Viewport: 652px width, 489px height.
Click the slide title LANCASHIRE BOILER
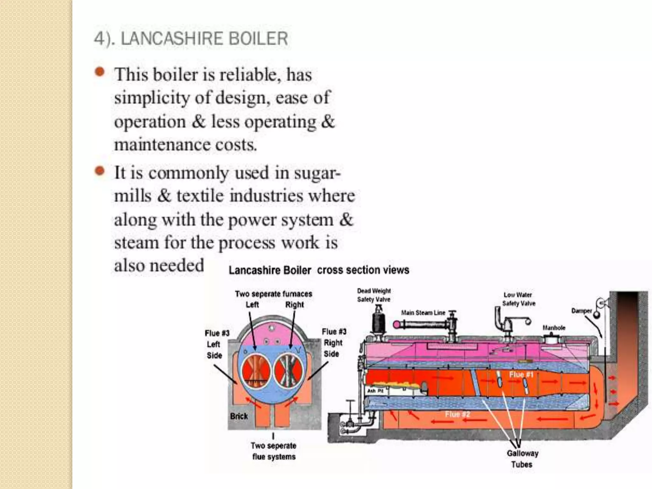(x=191, y=39)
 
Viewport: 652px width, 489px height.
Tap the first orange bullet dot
(x=100, y=72)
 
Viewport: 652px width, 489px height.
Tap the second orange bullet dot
(x=100, y=171)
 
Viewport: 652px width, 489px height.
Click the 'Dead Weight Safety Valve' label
(x=374, y=295)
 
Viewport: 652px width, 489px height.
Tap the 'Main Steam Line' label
(x=423, y=313)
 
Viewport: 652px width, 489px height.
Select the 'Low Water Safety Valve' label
(x=519, y=299)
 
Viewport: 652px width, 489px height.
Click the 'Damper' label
(x=581, y=311)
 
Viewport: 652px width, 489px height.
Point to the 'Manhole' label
(x=554, y=328)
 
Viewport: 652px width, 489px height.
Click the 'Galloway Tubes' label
(x=522, y=459)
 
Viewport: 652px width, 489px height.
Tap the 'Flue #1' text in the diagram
(x=521, y=374)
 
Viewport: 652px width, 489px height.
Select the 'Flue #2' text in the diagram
(x=457, y=414)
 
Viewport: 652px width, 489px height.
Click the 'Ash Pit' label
(x=375, y=391)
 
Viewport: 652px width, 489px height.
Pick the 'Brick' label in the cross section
(x=239, y=416)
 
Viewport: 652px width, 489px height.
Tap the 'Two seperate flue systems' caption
(x=273, y=451)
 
